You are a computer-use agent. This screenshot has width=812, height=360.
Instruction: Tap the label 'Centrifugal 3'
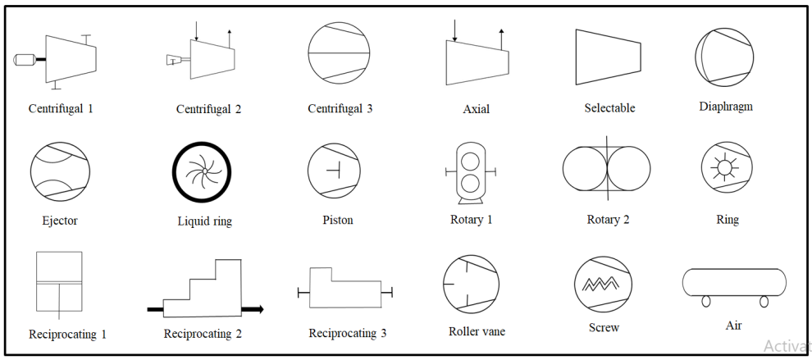click(x=340, y=109)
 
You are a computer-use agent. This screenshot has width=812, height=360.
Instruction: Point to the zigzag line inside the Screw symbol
click(x=603, y=284)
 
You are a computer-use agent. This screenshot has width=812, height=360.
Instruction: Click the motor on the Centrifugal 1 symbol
click(x=25, y=60)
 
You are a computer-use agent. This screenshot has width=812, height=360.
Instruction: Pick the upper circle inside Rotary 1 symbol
click(x=471, y=161)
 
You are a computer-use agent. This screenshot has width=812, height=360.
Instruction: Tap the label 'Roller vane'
click(x=477, y=331)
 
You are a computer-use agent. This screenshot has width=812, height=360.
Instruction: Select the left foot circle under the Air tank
click(x=706, y=301)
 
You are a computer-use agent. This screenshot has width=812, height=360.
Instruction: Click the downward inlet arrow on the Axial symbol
click(x=454, y=30)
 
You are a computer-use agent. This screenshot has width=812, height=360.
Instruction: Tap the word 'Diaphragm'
click(x=726, y=107)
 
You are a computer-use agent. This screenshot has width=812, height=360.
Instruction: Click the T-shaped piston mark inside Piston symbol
click(x=334, y=170)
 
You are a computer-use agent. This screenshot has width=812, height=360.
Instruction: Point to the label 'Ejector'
click(x=60, y=221)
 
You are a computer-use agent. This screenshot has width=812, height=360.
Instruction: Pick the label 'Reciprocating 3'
click(x=348, y=333)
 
